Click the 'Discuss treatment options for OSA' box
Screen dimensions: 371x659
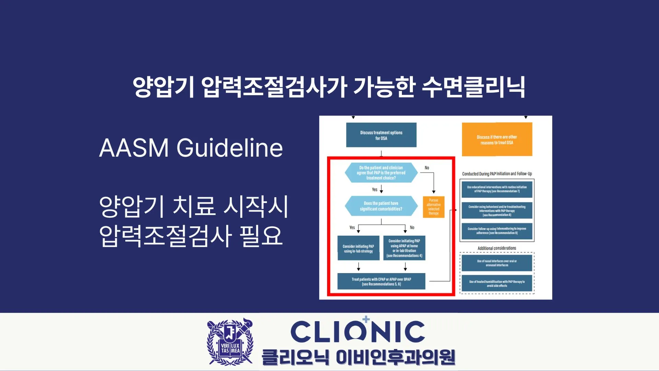pos(381,135)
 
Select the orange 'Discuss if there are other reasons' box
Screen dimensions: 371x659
pos(497,139)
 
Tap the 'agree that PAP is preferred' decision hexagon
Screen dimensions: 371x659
pos(381,173)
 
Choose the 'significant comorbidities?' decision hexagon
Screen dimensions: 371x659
pos(381,206)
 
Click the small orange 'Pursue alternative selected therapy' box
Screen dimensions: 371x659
pos(433,207)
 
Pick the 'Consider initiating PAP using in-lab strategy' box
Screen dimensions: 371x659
pos(358,248)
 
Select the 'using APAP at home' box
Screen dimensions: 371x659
pos(404,248)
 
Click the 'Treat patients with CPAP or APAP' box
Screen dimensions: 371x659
pos(381,282)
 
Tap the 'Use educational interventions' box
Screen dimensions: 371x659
pos(497,189)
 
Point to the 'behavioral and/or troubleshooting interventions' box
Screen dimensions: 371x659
pos(497,211)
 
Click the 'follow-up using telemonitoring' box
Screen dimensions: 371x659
pos(497,231)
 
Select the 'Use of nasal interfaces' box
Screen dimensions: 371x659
pos(497,263)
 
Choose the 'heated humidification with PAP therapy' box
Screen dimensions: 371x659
pos(497,283)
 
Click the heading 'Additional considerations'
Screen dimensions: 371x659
pos(497,248)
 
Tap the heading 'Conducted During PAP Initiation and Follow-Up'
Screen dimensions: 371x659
pos(497,174)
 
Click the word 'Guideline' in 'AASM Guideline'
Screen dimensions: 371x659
pos(230,148)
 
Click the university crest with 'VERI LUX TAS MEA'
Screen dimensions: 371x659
pos(230,342)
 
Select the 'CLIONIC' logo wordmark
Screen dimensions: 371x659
pos(358,331)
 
